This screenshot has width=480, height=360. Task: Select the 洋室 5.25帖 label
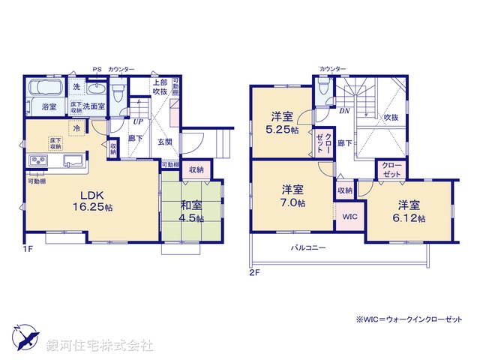click(284, 123)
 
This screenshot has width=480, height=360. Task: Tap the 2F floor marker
click(254, 273)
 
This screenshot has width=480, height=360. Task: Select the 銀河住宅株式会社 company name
click(100, 346)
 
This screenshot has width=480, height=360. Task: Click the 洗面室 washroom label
click(94, 106)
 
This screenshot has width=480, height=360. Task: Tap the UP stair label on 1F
click(139, 121)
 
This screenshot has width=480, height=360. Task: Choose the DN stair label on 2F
click(344, 111)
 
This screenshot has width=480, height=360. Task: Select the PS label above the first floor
click(96, 69)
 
